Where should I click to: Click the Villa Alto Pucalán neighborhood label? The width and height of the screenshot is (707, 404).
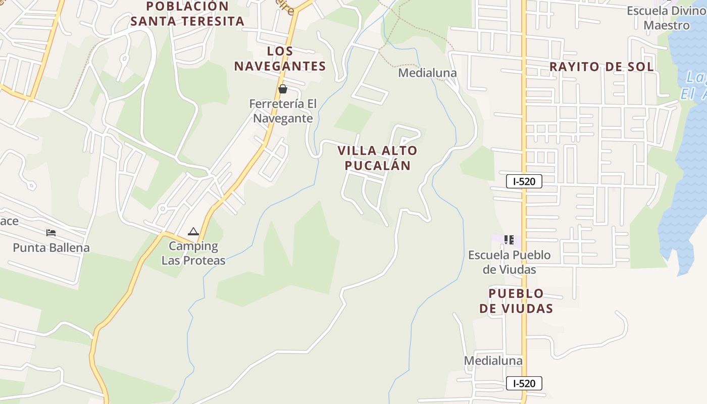click(x=378, y=158)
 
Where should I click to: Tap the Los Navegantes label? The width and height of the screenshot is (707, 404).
click(x=280, y=59)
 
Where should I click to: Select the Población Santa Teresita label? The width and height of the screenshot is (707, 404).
click(x=187, y=14)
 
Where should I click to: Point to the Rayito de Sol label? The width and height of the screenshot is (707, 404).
click(x=601, y=67)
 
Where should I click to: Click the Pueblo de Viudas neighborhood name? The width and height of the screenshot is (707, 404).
click(x=516, y=301)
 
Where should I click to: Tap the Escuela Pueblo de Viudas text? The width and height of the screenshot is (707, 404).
click(x=509, y=262)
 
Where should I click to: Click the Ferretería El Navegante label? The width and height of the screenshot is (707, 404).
click(x=283, y=111)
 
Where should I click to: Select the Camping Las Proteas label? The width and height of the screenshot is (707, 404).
click(x=193, y=253)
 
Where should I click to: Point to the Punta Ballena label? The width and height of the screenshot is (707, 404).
click(x=51, y=247)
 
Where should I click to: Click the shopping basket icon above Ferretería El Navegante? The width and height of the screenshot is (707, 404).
click(x=283, y=89)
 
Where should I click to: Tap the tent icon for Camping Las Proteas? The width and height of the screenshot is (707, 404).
click(x=193, y=232)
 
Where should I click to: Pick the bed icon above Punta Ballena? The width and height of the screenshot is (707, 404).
click(x=51, y=233)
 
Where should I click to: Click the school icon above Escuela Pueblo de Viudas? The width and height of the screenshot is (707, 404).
click(x=509, y=239)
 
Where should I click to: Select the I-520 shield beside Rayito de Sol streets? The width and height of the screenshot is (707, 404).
click(x=524, y=181)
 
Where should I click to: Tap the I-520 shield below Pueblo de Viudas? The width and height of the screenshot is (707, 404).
click(x=524, y=383)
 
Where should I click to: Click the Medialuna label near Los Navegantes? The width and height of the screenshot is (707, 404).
click(x=427, y=73)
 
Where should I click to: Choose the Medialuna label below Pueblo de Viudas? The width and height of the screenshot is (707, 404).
click(x=493, y=361)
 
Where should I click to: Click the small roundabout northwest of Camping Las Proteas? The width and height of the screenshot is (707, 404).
click(x=162, y=208)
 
